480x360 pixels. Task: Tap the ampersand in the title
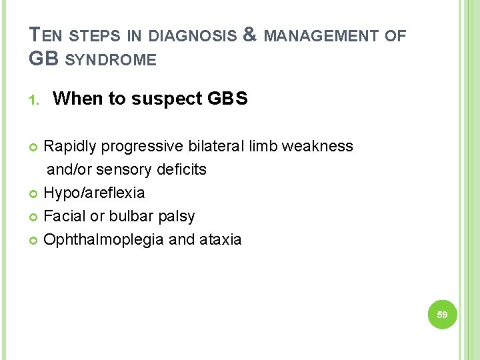coord(251,35)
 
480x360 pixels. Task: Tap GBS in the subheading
coord(227,99)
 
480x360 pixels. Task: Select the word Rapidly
coord(70,146)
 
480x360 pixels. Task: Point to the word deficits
coord(182,169)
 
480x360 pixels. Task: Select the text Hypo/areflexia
coord(94,193)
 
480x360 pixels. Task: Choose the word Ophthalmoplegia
coord(103,239)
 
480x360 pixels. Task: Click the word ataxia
coord(220,239)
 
